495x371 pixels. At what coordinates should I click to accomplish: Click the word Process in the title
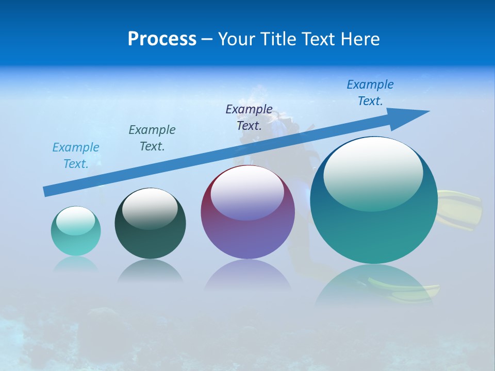tap(162, 39)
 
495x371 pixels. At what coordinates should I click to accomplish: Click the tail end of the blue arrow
tap(47, 191)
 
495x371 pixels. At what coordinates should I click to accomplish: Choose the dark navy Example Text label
tap(249, 117)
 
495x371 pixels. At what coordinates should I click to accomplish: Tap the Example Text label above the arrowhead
tap(370, 93)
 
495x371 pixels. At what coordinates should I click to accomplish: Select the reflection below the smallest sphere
tap(76, 264)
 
